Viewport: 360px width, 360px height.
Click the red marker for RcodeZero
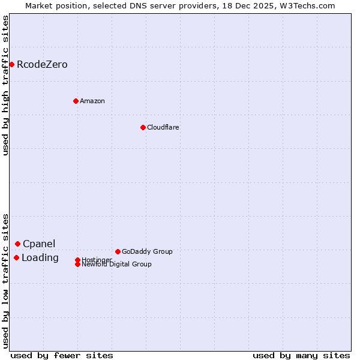tap(11, 64)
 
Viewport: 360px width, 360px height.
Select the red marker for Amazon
tap(76, 101)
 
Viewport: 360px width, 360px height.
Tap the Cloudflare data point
tap(143, 127)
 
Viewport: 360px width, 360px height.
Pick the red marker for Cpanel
tap(17, 244)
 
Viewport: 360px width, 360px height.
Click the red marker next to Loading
tap(16, 257)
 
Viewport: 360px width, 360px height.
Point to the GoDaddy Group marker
tap(118, 251)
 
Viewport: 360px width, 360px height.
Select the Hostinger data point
tap(77, 260)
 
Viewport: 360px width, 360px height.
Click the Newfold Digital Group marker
tap(77, 264)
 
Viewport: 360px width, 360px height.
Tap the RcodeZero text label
tap(42, 65)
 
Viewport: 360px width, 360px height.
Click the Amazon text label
tap(92, 101)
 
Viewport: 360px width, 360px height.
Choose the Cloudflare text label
tap(163, 128)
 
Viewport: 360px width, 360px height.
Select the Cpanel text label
tap(39, 244)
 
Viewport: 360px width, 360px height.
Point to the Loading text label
tap(40, 258)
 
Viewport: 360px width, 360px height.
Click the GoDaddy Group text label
tap(147, 252)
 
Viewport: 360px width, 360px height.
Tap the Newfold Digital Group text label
tap(117, 265)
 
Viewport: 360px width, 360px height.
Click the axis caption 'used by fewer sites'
tap(62, 355)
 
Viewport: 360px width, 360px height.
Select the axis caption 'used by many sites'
tap(301, 355)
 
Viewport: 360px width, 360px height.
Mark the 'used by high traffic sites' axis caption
tap(5, 85)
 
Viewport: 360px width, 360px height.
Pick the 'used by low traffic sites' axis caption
tap(5, 281)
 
